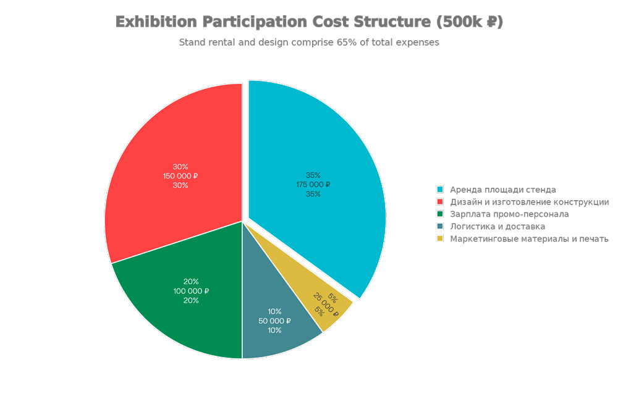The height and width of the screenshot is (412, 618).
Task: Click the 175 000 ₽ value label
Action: tap(313, 185)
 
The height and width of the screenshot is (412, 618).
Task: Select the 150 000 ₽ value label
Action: tap(180, 176)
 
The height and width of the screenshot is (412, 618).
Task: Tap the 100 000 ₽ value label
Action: tap(191, 291)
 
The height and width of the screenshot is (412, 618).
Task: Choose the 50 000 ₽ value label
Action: tap(274, 321)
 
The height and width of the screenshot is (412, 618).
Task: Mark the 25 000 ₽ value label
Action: tap(326, 304)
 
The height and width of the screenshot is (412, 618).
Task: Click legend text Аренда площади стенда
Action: tap(502, 190)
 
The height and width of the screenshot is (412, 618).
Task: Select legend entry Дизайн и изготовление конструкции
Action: tap(529, 202)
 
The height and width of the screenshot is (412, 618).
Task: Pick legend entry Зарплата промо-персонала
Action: tap(509, 214)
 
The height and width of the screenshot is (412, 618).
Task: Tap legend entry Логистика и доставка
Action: tap(497, 227)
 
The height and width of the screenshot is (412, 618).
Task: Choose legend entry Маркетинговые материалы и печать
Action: tap(529, 239)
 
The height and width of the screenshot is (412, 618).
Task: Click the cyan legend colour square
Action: tap(440, 190)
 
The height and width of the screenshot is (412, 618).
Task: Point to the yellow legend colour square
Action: tap(440, 239)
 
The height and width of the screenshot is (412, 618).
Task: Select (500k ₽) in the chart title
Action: tap(469, 22)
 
